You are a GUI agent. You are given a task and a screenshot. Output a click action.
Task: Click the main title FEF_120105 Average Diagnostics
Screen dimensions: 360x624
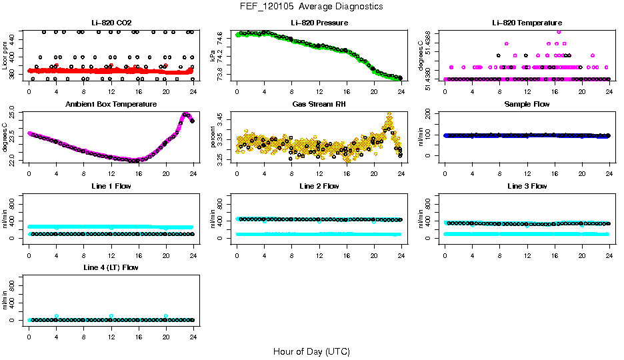tap(312, 7)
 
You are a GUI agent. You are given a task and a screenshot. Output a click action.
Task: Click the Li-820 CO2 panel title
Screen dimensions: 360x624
tap(111, 23)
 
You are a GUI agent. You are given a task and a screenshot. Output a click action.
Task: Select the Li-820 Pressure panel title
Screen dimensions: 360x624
tap(319, 23)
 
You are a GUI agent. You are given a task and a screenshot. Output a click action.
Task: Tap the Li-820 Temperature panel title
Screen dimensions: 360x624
tap(526, 23)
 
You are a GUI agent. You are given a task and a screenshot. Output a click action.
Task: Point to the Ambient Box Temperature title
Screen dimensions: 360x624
tap(111, 105)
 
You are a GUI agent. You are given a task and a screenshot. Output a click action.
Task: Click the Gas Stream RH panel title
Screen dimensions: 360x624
tap(319, 105)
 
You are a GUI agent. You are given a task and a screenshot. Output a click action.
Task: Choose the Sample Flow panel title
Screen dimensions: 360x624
tap(526, 105)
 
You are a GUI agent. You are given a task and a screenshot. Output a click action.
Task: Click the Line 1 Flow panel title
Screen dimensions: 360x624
tap(111, 186)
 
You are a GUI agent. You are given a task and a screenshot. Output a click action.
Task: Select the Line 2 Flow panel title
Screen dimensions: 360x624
tap(319, 186)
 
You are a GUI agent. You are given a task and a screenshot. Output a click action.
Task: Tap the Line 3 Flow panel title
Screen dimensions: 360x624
tap(526, 186)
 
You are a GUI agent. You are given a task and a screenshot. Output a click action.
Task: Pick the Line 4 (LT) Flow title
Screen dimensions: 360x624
tap(111, 267)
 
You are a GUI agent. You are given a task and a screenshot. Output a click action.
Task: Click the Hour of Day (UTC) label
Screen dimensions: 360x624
tap(311, 351)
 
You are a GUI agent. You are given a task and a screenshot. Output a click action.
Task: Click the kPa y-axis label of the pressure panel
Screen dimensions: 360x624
tap(214, 56)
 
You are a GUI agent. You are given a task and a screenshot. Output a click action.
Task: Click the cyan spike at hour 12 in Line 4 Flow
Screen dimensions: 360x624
tap(111, 316)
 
